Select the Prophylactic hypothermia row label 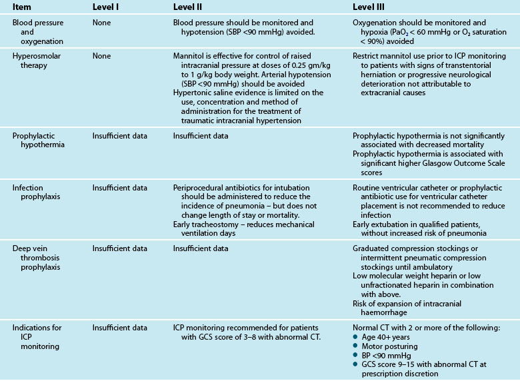(36, 142)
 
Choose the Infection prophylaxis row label (33, 194)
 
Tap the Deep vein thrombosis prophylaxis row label (33, 257)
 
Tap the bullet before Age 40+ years (355, 337)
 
